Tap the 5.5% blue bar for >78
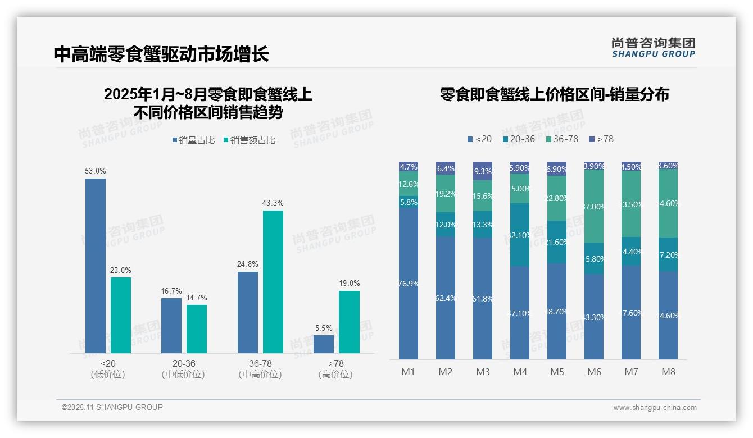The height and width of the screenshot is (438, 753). pyautogui.click(x=323, y=344)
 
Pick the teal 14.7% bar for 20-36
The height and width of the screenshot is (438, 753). pyautogui.click(x=197, y=329)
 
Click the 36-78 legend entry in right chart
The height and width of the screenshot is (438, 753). pyautogui.click(x=562, y=139)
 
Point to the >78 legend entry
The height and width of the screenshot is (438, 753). pyautogui.click(x=601, y=139)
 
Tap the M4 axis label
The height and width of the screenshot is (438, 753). pyautogui.click(x=520, y=372)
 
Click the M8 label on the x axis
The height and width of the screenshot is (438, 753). pyautogui.click(x=668, y=372)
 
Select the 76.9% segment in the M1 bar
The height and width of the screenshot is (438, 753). pyautogui.click(x=409, y=284)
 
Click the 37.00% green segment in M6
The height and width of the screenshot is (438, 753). pyautogui.click(x=594, y=207)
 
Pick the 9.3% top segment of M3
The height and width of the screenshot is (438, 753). pyautogui.click(x=483, y=171)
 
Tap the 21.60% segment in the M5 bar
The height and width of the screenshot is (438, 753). pyautogui.click(x=557, y=242)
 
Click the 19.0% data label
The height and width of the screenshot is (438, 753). pyautogui.click(x=349, y=284)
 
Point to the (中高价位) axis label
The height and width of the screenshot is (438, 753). pyautogui.click(x=260, y=375)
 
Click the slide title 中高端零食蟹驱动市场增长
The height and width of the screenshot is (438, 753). pyautogui.click(x=161, y=54)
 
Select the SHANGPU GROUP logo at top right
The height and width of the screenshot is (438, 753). pyautogui.click(x=653, y=48)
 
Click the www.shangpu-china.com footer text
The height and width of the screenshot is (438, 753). pyautogui.click(x=655, y=408)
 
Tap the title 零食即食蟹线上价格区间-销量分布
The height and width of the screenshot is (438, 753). pyautogui.click(x=554, y=94)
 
